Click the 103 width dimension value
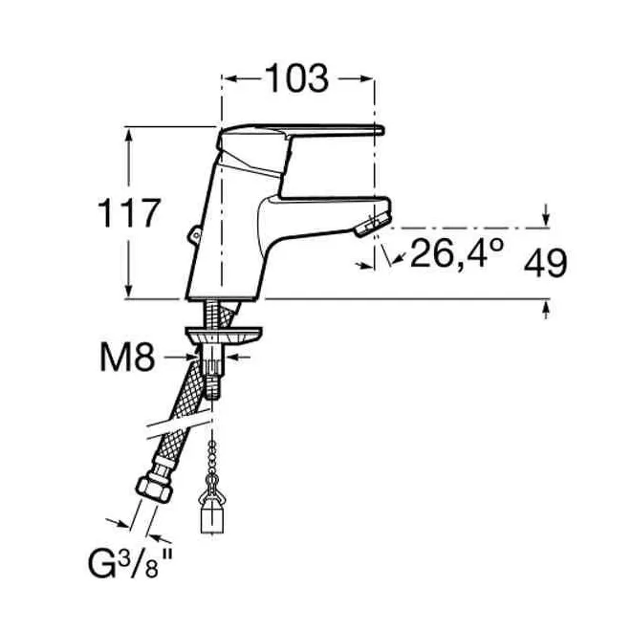(297, 78)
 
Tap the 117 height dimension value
(129, 213)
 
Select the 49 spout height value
(545, 263)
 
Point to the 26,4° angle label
(456, 253)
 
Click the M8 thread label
(127, 358)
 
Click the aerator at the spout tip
(372, 225)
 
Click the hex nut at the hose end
(155, 489)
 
